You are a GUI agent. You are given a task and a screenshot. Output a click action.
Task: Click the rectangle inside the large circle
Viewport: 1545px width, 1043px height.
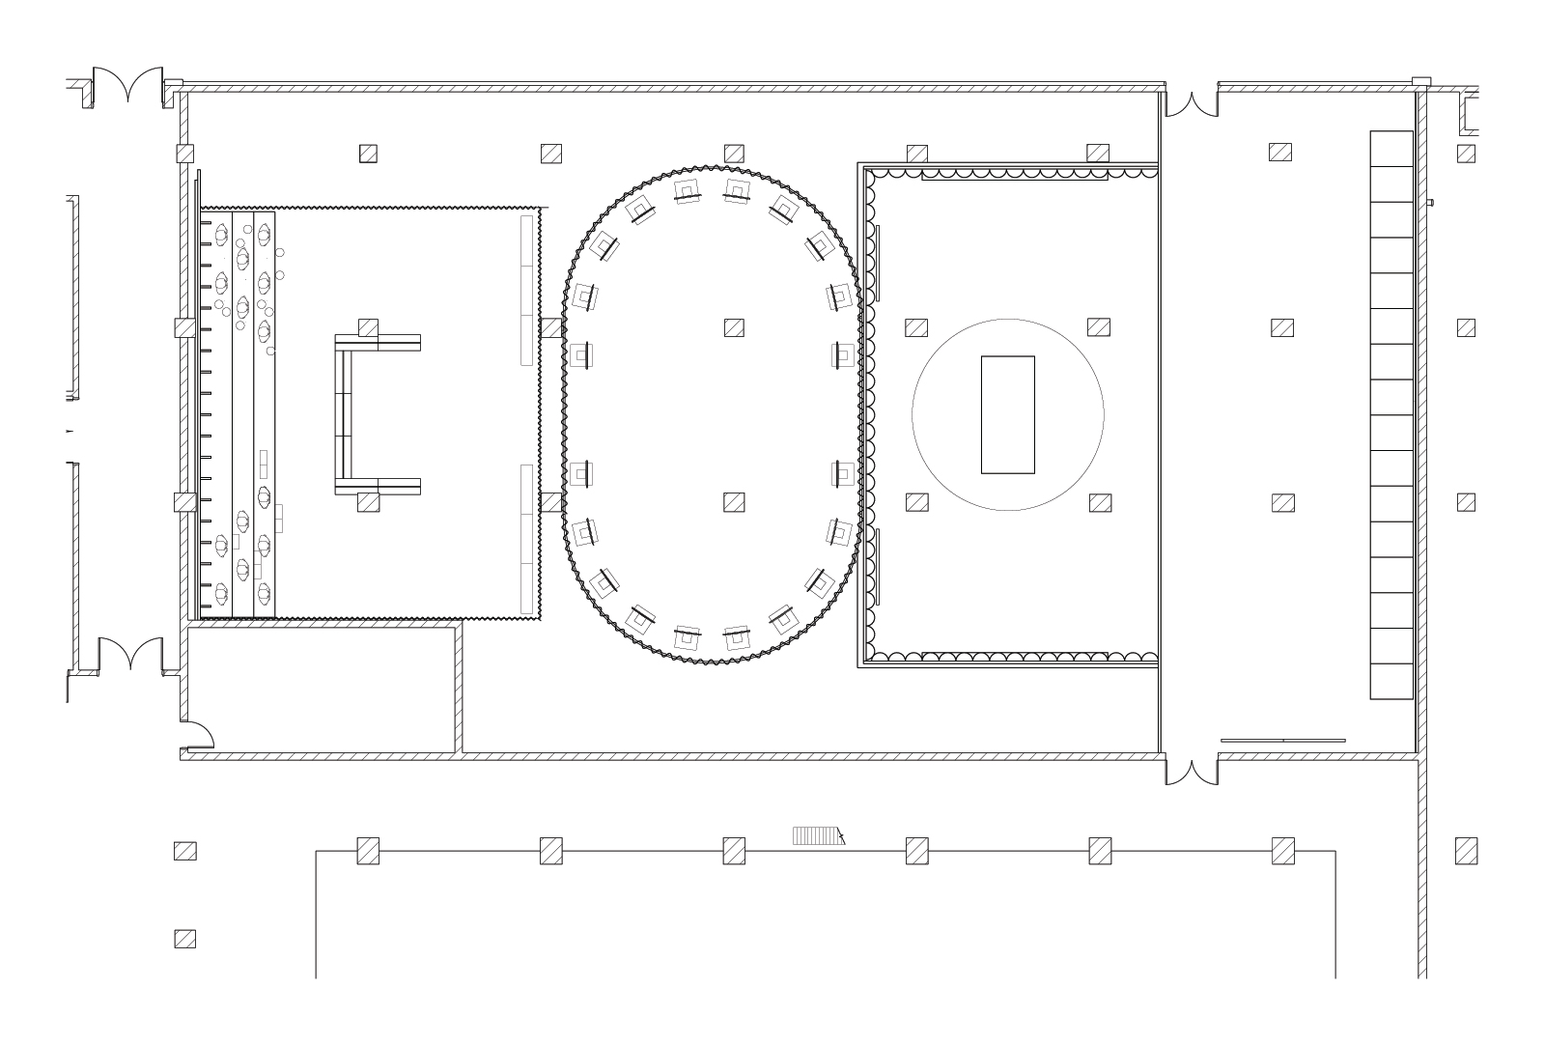tap(1007, 414)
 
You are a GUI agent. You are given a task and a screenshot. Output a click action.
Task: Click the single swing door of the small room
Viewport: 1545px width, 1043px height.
tap(198, 737)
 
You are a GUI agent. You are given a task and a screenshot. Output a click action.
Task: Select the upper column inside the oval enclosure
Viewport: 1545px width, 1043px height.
tap(734, 327)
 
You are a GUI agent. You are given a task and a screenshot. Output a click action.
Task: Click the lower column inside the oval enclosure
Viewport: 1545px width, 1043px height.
tap(734, 502)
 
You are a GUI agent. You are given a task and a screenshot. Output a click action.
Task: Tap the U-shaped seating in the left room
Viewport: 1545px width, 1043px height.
tap(344, 414)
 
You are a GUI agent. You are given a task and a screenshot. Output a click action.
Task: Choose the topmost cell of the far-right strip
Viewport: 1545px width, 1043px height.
tap(1391, 148)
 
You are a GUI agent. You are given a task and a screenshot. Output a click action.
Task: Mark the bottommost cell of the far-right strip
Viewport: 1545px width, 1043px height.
tap(1391, 681)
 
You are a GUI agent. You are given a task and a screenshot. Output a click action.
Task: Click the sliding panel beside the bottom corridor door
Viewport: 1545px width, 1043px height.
tap(1282, 741)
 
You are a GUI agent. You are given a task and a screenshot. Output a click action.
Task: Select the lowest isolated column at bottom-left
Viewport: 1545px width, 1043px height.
tap(184, 939)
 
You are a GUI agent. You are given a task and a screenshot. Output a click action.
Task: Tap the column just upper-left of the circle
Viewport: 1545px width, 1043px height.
tap(916, 327)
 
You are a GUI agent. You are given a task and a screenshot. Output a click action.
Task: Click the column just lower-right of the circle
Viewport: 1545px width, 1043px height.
tap(1100, 502)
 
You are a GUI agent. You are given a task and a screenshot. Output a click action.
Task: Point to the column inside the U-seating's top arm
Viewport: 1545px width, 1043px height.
tap(368, 327)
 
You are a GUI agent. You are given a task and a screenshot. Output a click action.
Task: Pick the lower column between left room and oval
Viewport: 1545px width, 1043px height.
tap(551, 502)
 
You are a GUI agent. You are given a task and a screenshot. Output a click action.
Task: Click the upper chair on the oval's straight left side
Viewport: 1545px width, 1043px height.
tap(581, 354)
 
